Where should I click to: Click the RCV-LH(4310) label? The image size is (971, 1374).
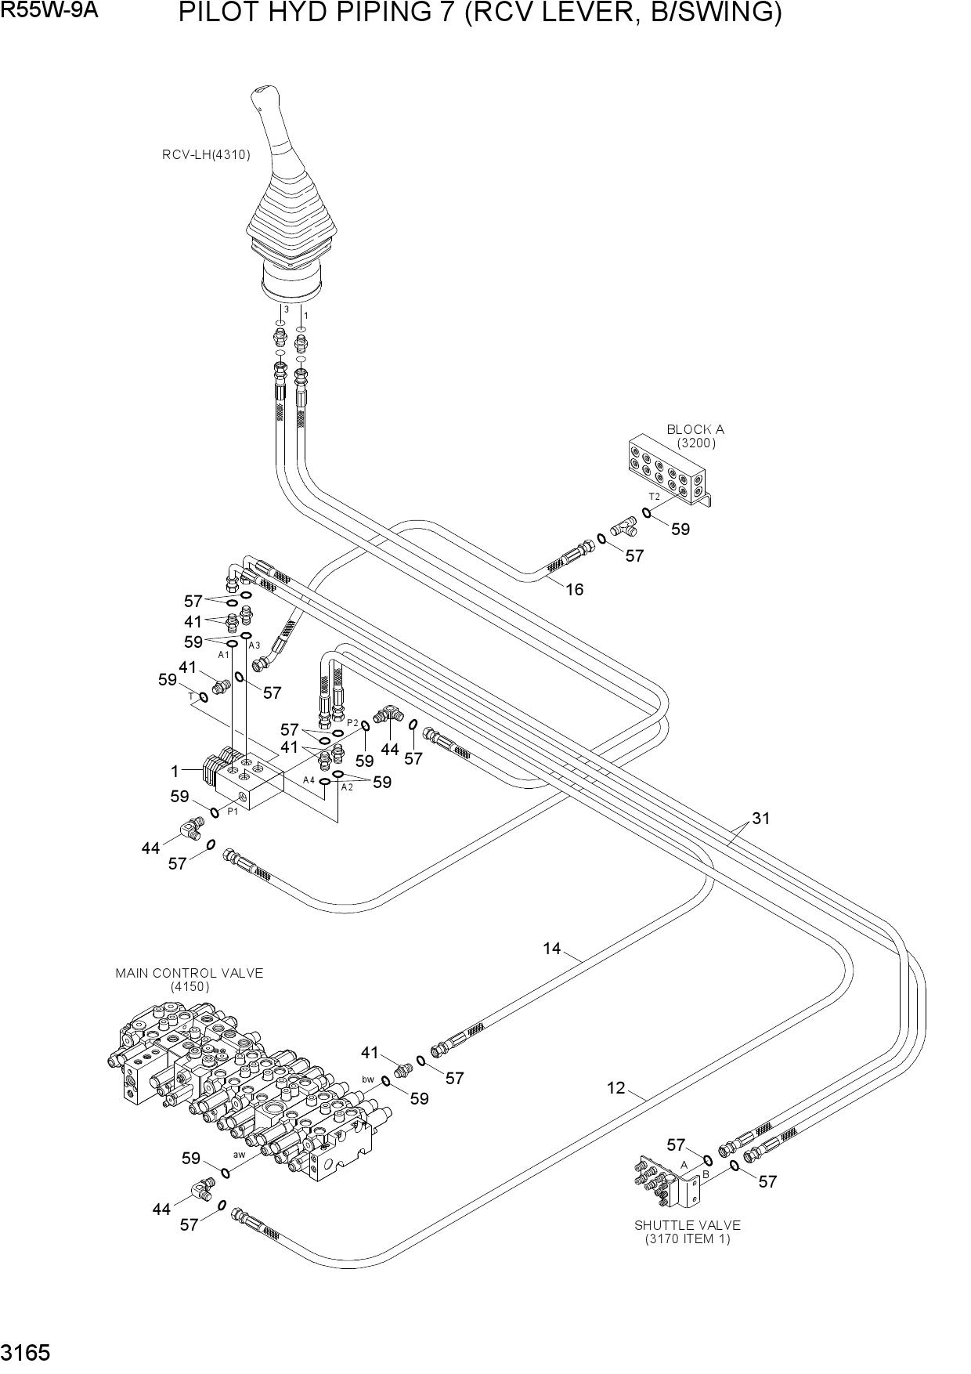point(206,155)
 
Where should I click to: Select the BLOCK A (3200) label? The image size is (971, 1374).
point(695,436)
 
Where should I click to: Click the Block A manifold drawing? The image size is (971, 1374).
point(670,469)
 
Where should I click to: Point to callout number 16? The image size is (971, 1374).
point(575,589)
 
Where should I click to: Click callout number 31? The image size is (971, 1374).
point(761,819)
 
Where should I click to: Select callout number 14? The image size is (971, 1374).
point(552,949)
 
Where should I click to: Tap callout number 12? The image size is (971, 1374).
point(616,1088)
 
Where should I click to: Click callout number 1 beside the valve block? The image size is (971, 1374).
point(175,772)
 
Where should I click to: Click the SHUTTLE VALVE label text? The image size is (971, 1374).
point(687,1225)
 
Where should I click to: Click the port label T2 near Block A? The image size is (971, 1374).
point(654,497)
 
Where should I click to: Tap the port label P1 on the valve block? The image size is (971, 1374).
point(233,812)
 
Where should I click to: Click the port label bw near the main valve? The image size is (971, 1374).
point(368,1079)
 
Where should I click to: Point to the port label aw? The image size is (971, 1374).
point(240,1155)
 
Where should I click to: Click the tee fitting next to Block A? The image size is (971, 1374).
point(624,527)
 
